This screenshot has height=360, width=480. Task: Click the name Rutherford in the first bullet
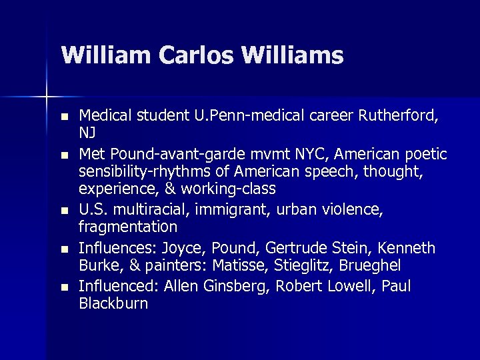click(x=398, y=117)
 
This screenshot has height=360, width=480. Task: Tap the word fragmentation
click(x=128, y=227)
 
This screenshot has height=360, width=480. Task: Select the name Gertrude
click(x=295, y=249)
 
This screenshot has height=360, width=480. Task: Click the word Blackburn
click(x=113, y=303)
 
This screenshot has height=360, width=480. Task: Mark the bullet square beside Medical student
click(x=63, y=117)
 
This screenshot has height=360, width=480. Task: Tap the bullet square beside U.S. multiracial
click(x=63, y=211)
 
